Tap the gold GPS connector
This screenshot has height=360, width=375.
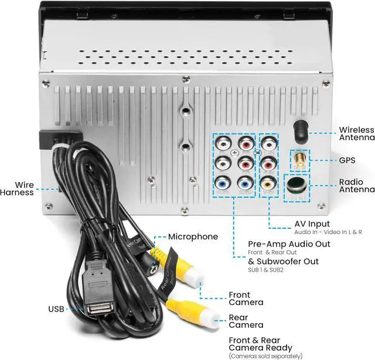point(299,158)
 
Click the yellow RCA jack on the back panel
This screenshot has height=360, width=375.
point(268,182)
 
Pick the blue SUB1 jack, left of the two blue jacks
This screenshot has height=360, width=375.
point(223,182)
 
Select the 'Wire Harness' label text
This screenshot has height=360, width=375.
point(17,188)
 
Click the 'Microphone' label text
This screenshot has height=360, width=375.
point(193,236)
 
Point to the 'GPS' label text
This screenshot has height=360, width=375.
point(348,159)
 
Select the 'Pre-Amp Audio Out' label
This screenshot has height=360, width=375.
point(284,244)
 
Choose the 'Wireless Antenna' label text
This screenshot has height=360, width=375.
point(356,133)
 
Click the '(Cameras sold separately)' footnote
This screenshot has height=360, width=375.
point(267,356)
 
